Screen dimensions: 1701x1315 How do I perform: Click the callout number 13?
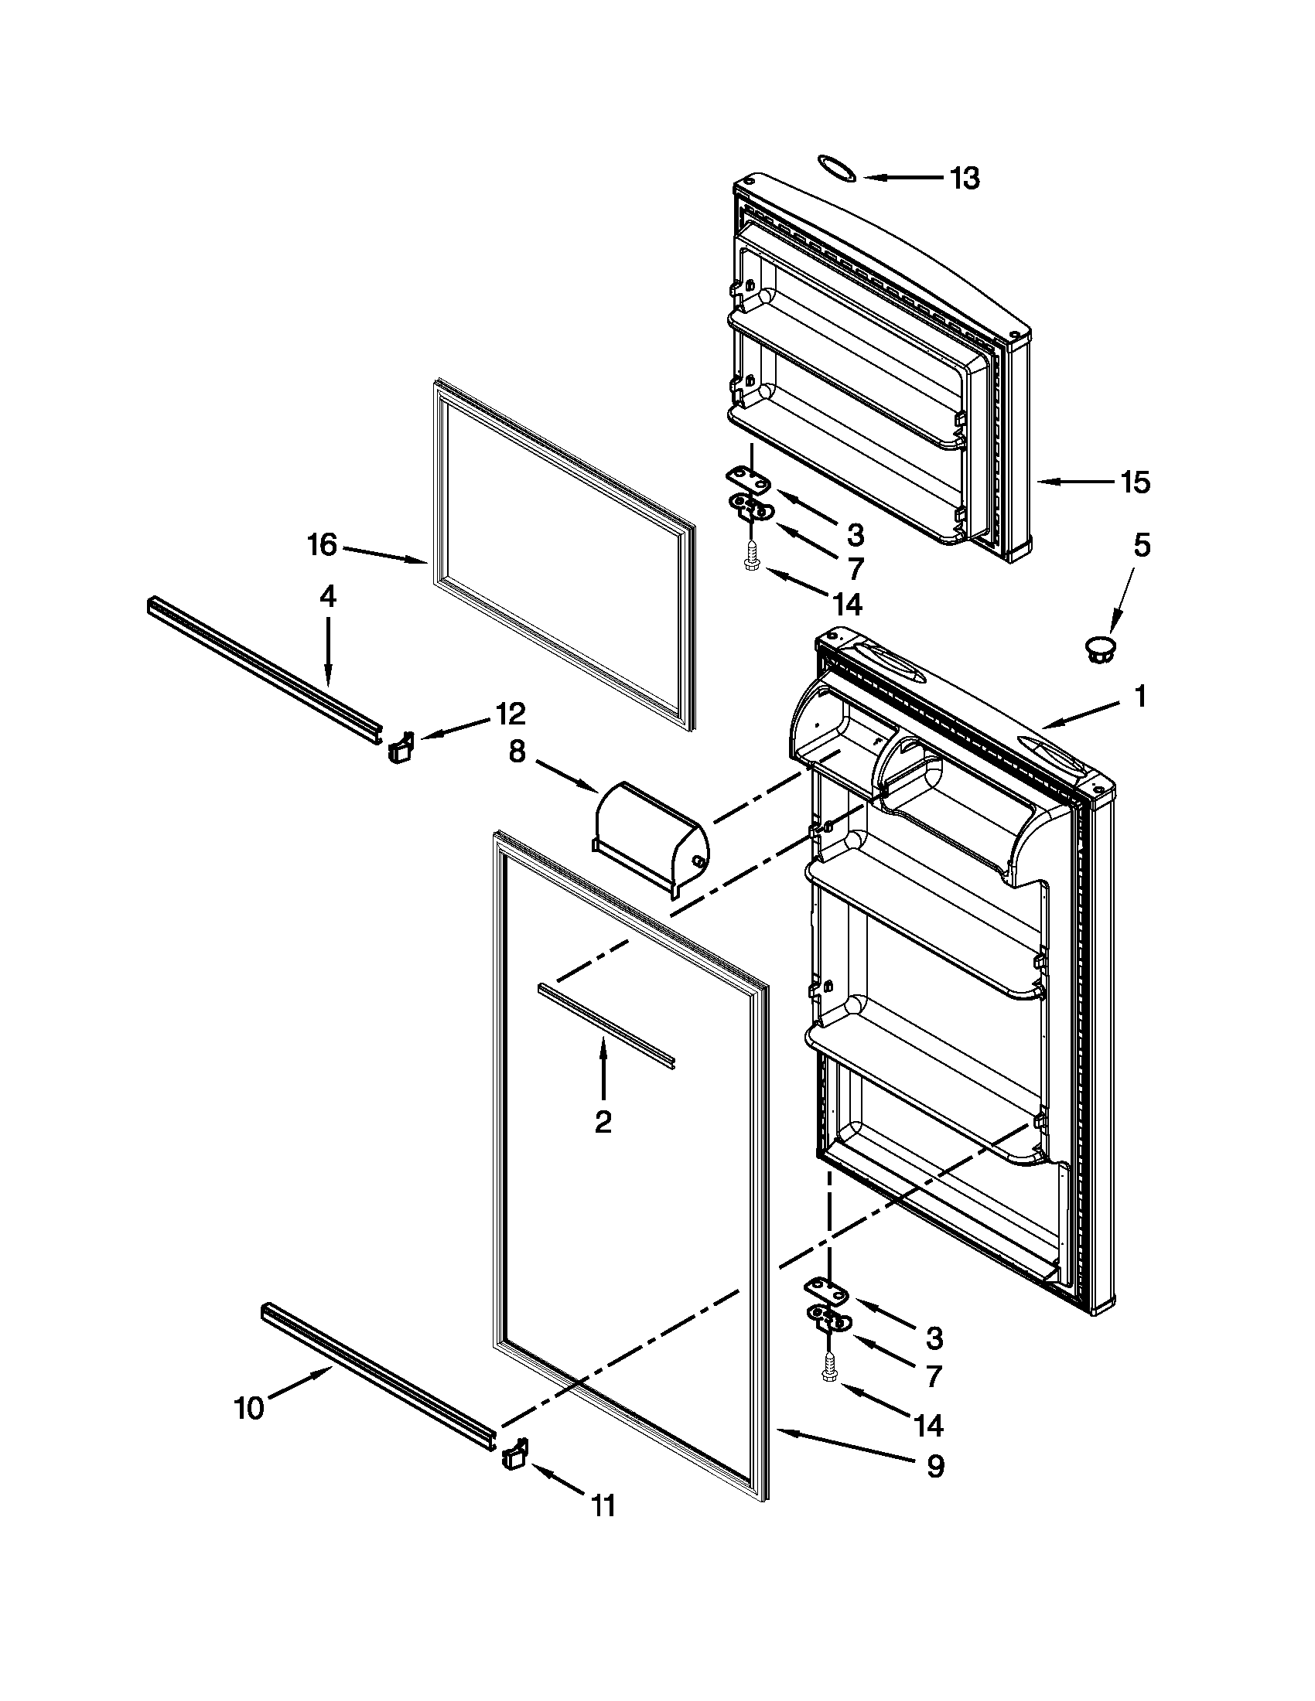(965, 179)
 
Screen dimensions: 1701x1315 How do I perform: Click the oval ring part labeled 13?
(837, 168)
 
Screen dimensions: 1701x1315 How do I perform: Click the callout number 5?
(1140, 546)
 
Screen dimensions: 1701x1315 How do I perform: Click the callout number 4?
(328, 597)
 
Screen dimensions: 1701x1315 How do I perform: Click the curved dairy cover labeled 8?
(651, 843)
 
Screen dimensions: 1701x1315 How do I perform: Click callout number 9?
(934, 1467)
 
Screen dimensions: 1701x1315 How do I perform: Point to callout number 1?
(1140, 697)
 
